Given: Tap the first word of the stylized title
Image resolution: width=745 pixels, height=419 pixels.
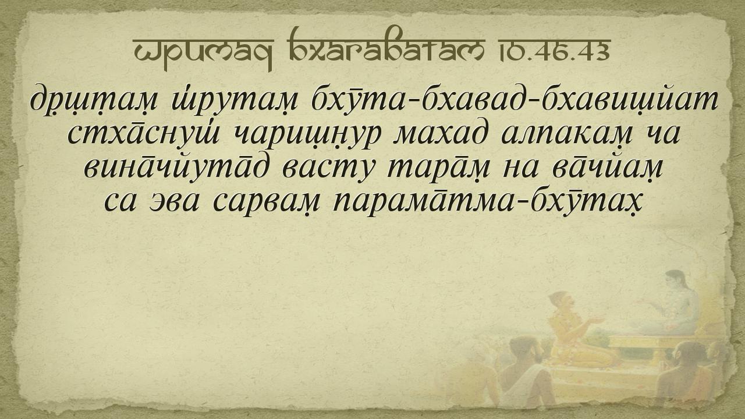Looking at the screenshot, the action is coord(203,52).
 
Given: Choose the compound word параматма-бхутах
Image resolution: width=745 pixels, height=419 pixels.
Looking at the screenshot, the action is coord(487,201).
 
